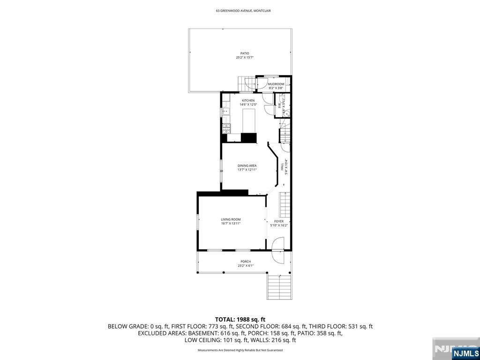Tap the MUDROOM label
coord(276,84)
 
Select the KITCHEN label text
coord(248,101)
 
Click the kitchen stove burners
coord(225,127)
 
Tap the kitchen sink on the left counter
coord(225,112)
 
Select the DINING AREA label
coord(247,165)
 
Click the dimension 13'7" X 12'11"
coord(247,170)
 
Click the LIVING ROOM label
coord(231,219)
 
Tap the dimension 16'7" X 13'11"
coord(231,224)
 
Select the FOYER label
coord(279,221)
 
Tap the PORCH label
coord(245,262)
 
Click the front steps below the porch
coord(279,286)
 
